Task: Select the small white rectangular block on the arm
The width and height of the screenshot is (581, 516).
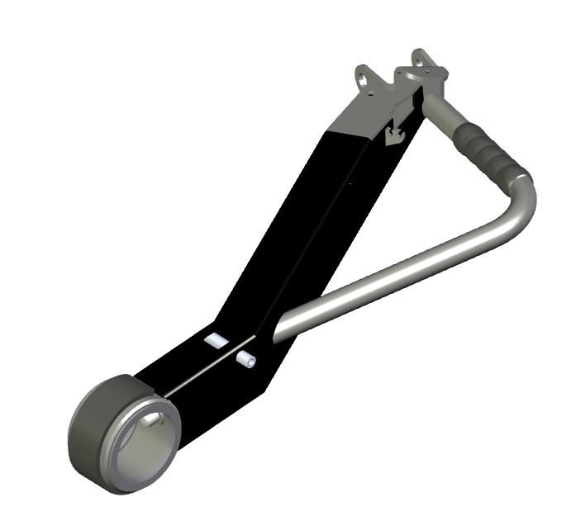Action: [217, 340]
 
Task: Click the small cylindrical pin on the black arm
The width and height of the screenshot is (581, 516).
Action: [245, 361]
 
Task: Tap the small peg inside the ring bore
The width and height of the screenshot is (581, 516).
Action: [149, 422]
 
